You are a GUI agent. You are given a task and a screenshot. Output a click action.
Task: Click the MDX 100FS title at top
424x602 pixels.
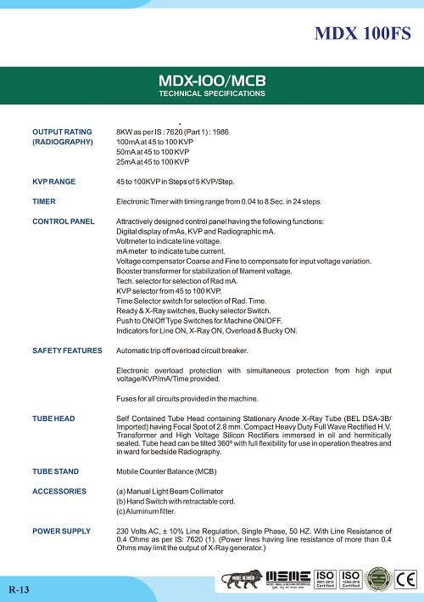coord(362,35)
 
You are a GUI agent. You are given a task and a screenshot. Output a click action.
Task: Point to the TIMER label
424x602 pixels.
coord(44,201)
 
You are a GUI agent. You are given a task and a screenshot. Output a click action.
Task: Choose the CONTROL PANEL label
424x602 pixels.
coord(64,221)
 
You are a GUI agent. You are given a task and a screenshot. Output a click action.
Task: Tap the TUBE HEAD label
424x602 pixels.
coord(53,419)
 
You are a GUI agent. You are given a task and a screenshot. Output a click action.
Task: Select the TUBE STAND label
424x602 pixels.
coord(56,470)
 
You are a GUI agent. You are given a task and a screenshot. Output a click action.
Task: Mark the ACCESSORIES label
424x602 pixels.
coord(59,491)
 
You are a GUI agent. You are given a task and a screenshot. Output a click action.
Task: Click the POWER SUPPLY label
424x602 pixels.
coord(61,531)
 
